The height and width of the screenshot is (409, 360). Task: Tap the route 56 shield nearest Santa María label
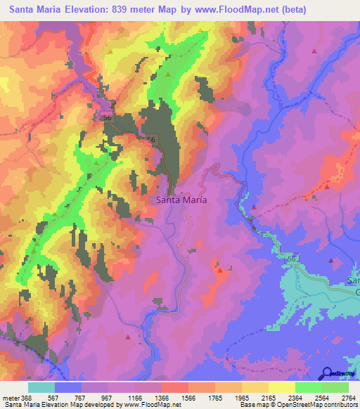(x=152, y=141)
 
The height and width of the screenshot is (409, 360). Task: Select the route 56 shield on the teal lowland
(x=292, y=259)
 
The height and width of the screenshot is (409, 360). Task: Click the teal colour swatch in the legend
(x=41, y=387)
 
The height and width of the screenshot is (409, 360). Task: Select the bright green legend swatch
(x=308, y=387)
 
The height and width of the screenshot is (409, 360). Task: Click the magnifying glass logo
(x=328, y=373)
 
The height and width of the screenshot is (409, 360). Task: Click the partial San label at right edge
(x=354, y=281)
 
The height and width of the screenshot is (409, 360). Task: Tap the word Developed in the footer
(x=99, y=405)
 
